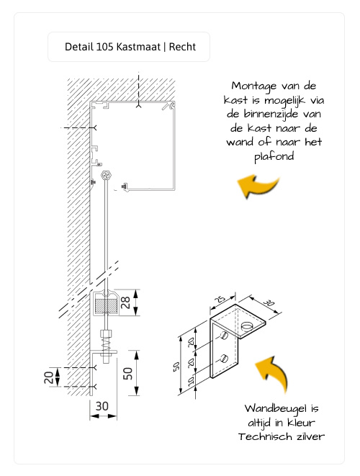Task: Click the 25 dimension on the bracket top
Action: tap(219, 298)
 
